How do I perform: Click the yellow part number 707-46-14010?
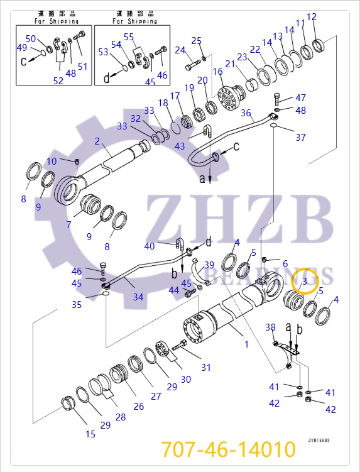pos(228,450)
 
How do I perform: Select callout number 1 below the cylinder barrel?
pos(246,344)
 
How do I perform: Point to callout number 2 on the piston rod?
pos(97,141)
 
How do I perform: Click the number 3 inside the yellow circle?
pos(304,282)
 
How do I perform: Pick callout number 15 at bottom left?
pos(90,434)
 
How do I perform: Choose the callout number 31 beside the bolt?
pos(206,368)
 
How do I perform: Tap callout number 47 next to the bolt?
pos(300,97)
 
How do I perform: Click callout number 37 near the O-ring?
pos(300,138)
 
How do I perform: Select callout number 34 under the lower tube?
pos(138,297)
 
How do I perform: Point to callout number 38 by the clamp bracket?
pos(270,327)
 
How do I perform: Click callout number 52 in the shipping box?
pos(58,80)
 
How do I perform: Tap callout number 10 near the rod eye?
pos(52,162)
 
